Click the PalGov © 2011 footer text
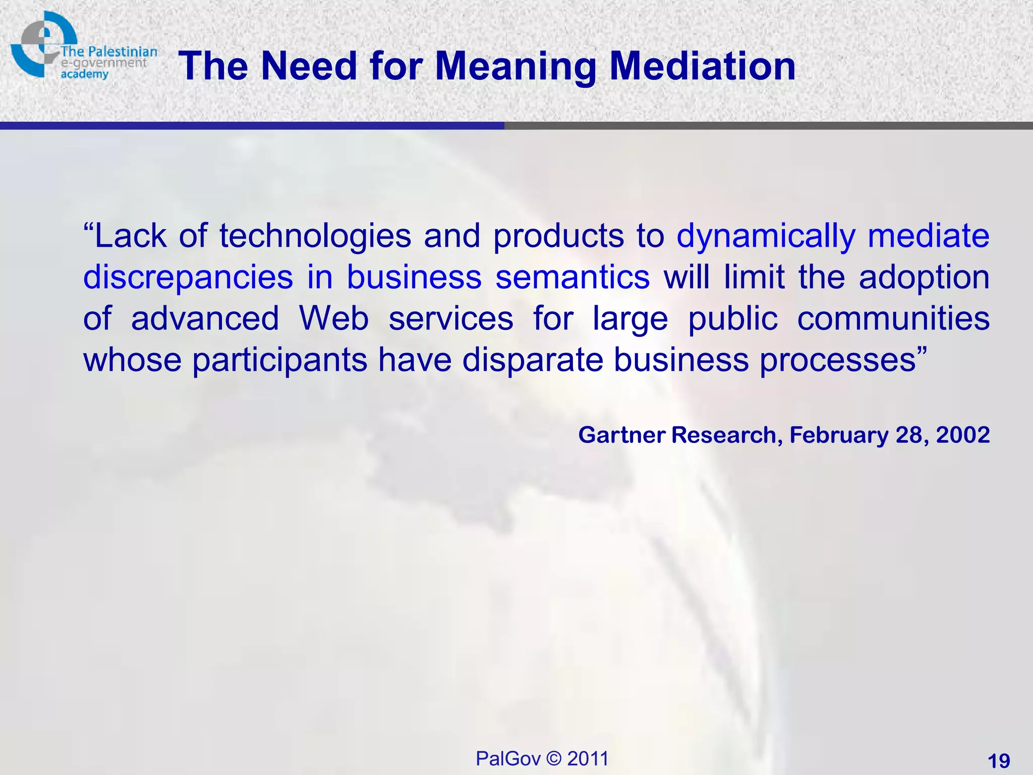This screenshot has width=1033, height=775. (542, 758)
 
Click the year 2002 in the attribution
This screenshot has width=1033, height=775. (962, 435)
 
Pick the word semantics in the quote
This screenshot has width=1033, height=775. (572, 278)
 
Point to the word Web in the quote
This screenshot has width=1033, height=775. (333, 319)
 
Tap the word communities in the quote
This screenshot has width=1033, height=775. (893, 319)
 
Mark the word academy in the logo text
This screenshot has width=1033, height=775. (84, 75)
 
